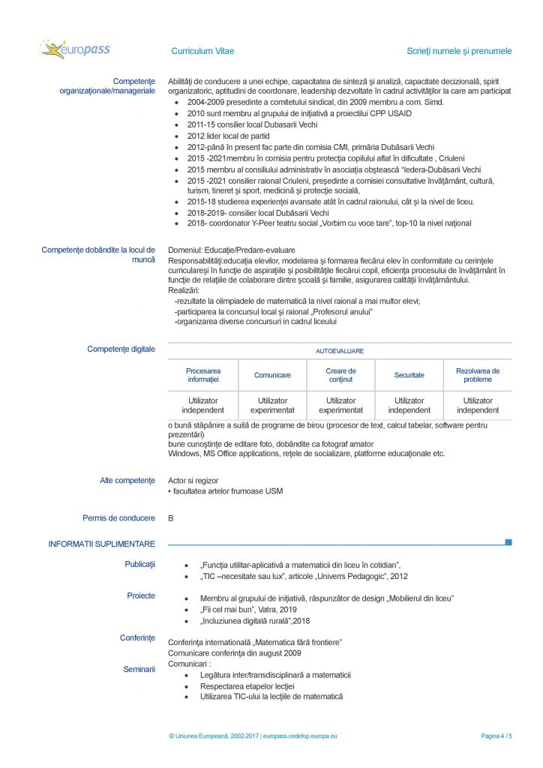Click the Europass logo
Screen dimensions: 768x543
tap(75, 50)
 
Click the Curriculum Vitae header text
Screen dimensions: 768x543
tap(202, 51)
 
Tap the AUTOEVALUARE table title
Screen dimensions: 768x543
tap(340, 350)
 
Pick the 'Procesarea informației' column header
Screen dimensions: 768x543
tap(203, 375)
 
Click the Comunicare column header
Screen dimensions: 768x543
tap(272, 375)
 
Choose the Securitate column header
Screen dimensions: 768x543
tap(409, 375)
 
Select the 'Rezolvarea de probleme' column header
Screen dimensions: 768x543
tap(478, 375)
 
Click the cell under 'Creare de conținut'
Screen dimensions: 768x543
tap(341, 406)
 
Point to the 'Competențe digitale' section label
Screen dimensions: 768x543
tap(121, 349)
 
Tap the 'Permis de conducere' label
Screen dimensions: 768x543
tap(118, 518)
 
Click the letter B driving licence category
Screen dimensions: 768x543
tap(171, 518)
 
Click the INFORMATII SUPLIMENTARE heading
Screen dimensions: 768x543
tap(102, 544)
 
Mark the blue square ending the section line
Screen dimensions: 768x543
tap(508, 541)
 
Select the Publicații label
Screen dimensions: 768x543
tap(139, 564)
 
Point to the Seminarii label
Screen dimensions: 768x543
tap(139, 669)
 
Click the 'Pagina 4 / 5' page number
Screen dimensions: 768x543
tap(496, 736)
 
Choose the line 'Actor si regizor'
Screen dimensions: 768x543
tap(193, 480)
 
